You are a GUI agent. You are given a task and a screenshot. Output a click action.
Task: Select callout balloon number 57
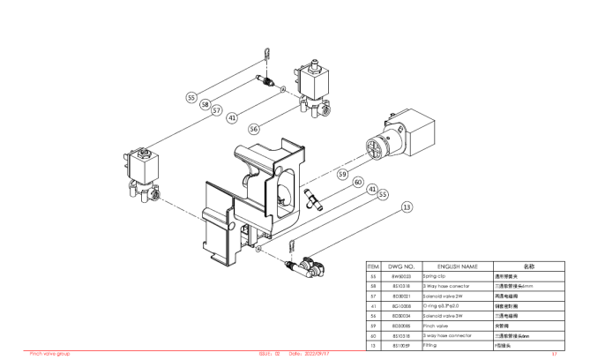tap(215, 111)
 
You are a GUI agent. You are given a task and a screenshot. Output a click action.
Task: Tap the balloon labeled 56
tap(254, 128)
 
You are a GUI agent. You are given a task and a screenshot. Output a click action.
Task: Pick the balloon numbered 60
tap(357, 183)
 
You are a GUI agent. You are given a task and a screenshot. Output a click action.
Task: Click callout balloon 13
tap(407, 207)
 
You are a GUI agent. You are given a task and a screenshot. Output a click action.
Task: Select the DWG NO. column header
tap(401, 266)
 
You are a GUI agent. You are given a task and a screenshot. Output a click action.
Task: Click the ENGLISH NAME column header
tap(458, 266)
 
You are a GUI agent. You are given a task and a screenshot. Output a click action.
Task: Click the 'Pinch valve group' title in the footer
tap(50, 353)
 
